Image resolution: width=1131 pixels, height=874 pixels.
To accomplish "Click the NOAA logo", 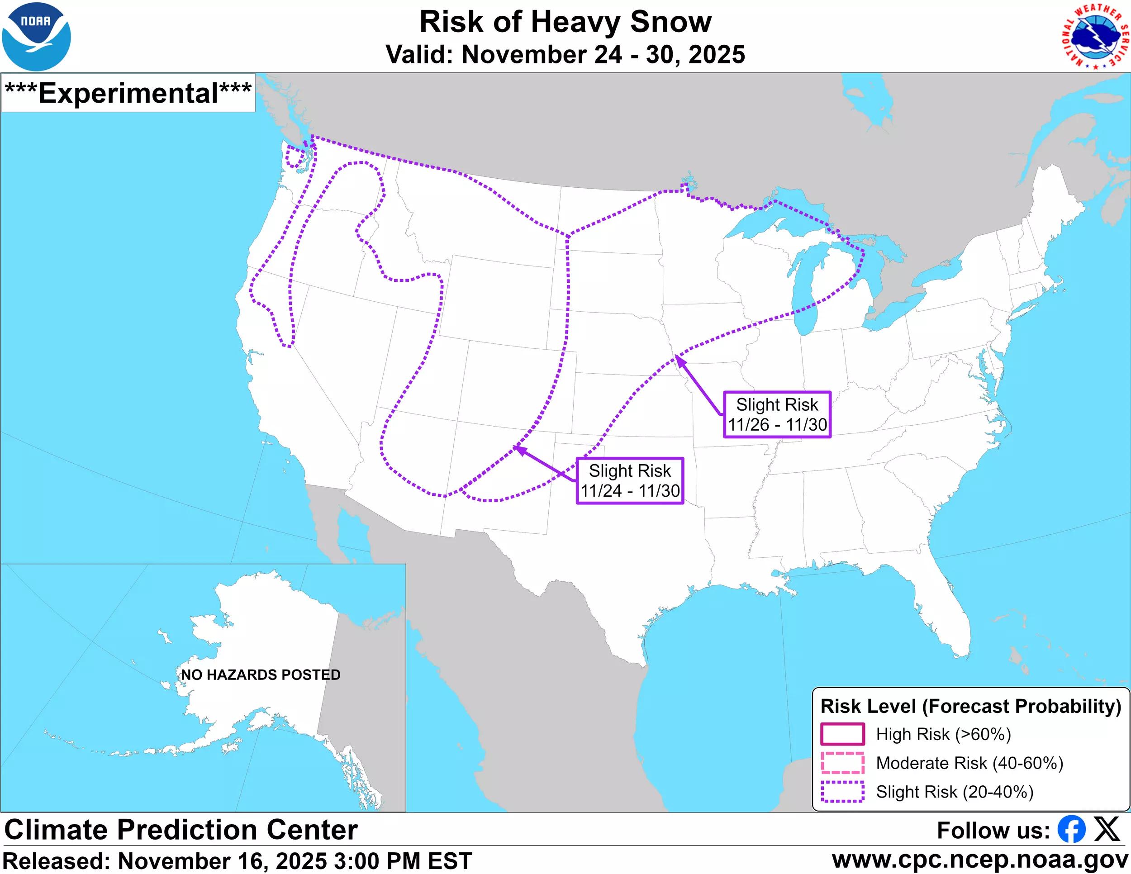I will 36,36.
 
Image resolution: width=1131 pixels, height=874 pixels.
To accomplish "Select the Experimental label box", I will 128,93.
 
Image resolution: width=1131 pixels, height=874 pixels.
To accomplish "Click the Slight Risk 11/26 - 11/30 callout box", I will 777,414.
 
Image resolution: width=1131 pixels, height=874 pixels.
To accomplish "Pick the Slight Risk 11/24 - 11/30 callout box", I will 630,480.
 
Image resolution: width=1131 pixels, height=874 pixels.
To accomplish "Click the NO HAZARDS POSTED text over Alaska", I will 261,674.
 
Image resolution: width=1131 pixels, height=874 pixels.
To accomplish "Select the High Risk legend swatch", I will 842,734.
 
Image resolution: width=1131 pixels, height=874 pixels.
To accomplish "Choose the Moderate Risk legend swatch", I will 842,763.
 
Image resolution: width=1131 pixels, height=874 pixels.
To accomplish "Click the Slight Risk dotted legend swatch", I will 842,791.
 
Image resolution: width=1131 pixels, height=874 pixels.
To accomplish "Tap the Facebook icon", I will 1071,830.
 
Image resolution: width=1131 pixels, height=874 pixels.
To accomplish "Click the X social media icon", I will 1107,830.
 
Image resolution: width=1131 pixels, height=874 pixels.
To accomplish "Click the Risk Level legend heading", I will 970,706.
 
